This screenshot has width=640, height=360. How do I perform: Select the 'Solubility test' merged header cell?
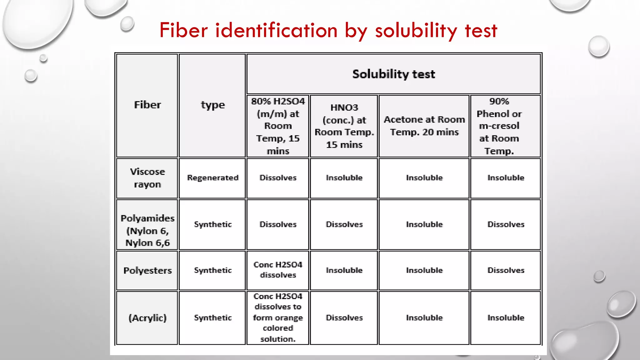(x=393, y=74)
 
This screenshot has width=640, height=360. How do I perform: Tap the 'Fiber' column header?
(x=147, y=105)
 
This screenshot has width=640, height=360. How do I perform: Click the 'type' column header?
(x=212, y=105)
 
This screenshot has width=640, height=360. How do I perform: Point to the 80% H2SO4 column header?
(x=278, y=126)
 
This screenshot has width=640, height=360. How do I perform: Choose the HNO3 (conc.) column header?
(x=344, y=126)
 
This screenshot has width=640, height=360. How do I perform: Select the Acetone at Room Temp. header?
(x=424, y=126)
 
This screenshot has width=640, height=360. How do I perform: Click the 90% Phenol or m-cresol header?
(x=499, y=126)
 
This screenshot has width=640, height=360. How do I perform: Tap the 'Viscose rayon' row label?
(x=147, y=178)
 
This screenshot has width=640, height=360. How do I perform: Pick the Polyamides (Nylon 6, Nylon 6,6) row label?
(x=147, y=230)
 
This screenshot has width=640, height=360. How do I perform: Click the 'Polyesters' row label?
(x=147, y=271)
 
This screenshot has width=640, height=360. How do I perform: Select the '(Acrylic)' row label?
(x=147, y=318)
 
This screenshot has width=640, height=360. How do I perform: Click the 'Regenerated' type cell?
(x=212, y=178)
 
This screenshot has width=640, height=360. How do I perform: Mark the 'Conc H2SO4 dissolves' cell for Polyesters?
(x=278, y=270)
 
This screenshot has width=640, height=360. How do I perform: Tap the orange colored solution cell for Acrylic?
(x=278, y=317)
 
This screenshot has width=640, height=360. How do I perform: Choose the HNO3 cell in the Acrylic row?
(x=344, y=318)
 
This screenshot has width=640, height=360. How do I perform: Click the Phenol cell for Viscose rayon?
(x=506, y=178)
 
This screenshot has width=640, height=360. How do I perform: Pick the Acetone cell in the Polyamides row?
(x=424, y=224)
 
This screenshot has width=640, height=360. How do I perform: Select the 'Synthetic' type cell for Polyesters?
(x=212, y=270)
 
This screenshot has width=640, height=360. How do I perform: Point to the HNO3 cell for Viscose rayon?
(x=344, y=178)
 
